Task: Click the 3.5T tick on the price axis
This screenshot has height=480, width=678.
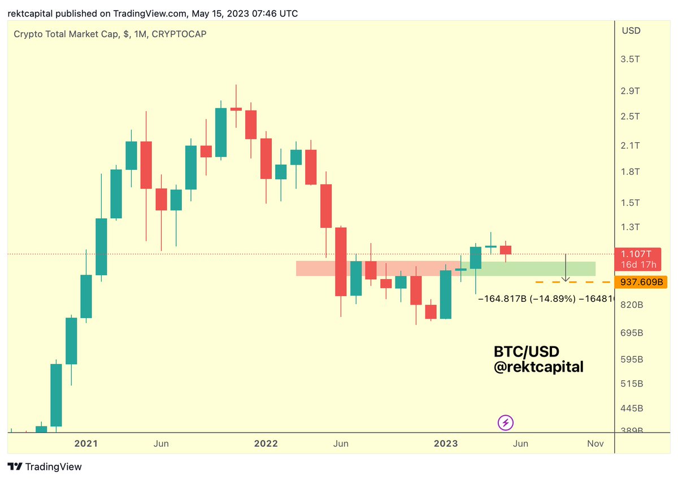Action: pyautogui.click(x=631, y=59)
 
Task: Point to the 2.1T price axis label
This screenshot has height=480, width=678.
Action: pyautogui.click(x=631, y=146)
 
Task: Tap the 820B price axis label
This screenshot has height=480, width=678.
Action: pyautogui.click(x=632, y=305)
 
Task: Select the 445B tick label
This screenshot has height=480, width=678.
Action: pyautogui.click(x=632, y=408)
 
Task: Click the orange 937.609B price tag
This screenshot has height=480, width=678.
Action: pyautogui.click(x=640, y=281)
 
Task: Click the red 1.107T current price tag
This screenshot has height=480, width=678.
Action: pyautogui.click(x=638, y=259)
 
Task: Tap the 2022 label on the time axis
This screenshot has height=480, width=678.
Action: pyautogui.click(x=266, y=443)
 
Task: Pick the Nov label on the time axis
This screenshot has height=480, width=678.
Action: pyautogui.click(x=596, y=443)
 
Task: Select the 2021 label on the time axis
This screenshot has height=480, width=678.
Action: pyautogui.click(x=86, y=443)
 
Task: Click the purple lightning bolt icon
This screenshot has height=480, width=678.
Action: pyautogui.click(x=505, y=422)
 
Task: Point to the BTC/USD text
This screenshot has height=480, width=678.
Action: pyautogui.click(x=526, y=352)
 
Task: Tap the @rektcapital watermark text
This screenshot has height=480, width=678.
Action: pyautogui.click(x=538, y=367)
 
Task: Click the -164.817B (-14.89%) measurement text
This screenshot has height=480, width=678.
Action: pyautogui.click(x=527, y=299)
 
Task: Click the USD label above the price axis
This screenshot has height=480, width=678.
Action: pyautogui.click(x=631, y=30)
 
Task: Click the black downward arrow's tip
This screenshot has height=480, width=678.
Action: pyautogui.click(x=566, y=280)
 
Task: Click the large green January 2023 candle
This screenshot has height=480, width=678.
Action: pyautogui.click(x=446, y=294)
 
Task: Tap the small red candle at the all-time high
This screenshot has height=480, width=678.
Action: pyautogui.click(x=236, y=109)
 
